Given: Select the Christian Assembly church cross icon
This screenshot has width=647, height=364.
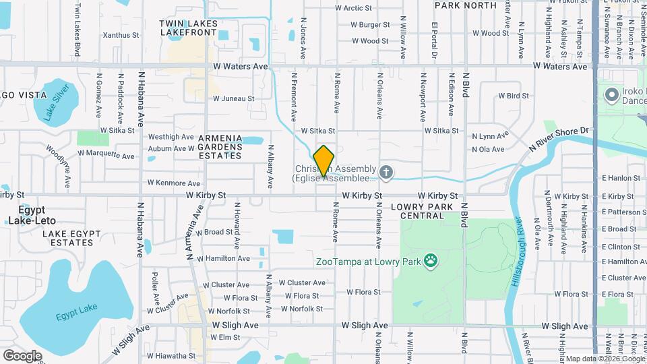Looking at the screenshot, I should pos(386,173).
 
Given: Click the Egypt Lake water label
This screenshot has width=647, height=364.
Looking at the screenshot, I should pos(77,311).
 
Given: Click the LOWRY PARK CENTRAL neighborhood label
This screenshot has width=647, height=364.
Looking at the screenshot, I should pos(422,211).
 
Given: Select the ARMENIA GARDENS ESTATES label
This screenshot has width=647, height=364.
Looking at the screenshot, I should pos(220,147).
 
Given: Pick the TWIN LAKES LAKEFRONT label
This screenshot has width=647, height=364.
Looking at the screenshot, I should pos(188,28).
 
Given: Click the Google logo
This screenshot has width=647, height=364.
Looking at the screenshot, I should pos(22,355).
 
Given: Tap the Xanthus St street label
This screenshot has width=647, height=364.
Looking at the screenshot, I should pos(121,35).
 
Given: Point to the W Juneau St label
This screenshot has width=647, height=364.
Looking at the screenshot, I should pos(233,98).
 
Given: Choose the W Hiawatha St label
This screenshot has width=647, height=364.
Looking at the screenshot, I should pos(171,355).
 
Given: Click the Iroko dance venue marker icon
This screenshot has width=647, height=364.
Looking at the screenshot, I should pos(613,94).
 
